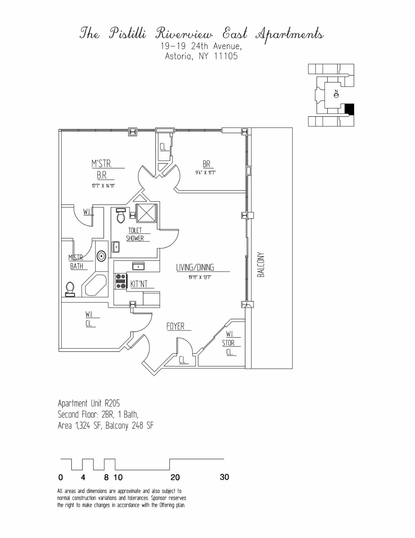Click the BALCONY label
coord(261,265)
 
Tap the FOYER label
coord(175,326)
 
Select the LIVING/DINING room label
coord(195,267)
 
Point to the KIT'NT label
coord(139,284)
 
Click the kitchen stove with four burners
coord(120,281)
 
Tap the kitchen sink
coord(138,265)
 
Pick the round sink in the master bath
coord(101,256)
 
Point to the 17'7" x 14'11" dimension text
coord(102,185)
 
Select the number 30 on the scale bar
coord(224,477)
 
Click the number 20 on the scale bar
coord(175,477)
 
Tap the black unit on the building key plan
coord(349,109)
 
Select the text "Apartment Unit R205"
coord(89,403)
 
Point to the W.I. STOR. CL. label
coord(229,343)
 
